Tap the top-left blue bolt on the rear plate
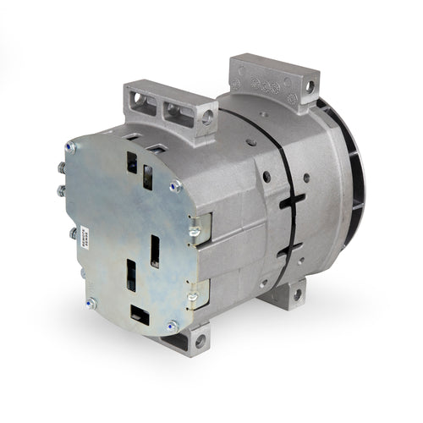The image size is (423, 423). coord(71,146)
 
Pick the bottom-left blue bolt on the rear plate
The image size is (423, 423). coord(91,302)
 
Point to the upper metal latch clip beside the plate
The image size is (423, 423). coord(194,231)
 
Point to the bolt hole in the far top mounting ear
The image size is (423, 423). coord(310,85)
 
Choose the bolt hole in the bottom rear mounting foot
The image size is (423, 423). coord(297,294)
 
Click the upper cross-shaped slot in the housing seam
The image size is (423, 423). coord(290,203)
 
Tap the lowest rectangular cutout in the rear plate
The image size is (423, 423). coord(140,316)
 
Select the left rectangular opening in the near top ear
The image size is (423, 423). coord(144,103)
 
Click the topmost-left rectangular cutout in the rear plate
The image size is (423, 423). coord(132,162)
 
